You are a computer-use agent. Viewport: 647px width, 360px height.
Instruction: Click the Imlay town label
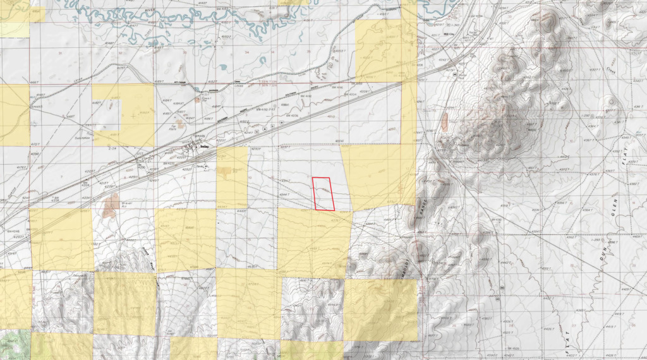[x=203, y=146]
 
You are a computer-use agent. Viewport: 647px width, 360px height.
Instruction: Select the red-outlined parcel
[x=324, y=193]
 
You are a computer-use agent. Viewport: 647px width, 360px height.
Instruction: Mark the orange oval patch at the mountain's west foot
[x=444, y=121]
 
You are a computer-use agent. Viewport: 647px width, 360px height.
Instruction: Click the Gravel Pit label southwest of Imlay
[x=124, y=204]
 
